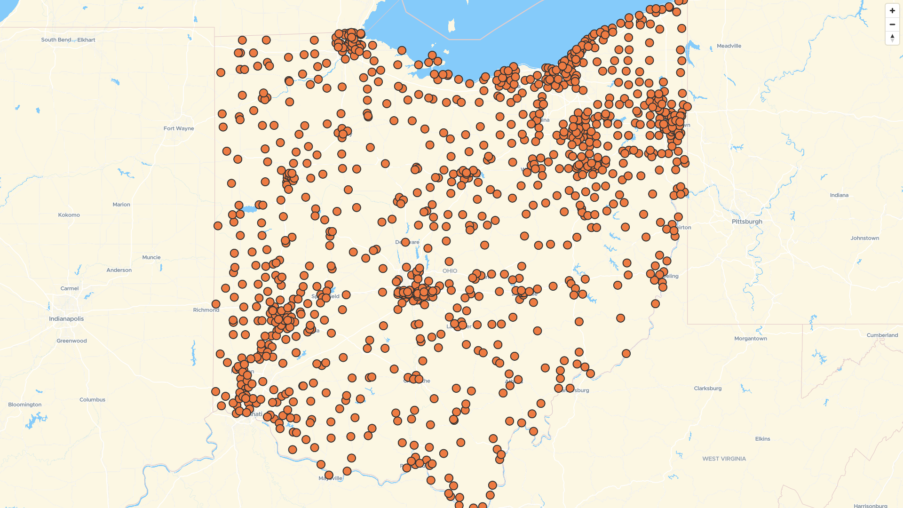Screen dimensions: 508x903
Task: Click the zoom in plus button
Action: (892, 10)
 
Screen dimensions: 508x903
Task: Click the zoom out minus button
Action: (892, 24)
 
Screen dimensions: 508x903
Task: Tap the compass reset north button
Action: (892, 38)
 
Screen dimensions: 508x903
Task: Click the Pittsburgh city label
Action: (747, 222)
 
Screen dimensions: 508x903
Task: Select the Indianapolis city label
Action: (66, 318)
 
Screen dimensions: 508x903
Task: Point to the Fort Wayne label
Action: (179, 128)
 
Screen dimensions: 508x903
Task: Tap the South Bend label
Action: (56, 40)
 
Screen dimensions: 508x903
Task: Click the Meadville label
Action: (729, 46)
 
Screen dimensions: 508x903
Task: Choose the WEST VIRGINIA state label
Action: (724, 459)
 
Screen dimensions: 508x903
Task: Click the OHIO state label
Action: (450, 271)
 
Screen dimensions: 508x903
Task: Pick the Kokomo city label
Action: (69, 215)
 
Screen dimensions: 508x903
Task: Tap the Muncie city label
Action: (151, 257)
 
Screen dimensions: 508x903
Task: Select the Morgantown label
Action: (751, 339)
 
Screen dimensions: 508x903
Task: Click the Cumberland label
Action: (882, 335)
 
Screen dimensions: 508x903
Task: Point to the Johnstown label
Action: (864, 238)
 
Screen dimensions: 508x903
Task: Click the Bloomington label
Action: (25, 405)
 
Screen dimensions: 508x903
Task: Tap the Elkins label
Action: (762, 439)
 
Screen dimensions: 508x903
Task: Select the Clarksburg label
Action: (707, 389)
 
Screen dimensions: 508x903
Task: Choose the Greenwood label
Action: (71, 341)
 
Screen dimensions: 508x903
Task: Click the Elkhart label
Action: (87, 40)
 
